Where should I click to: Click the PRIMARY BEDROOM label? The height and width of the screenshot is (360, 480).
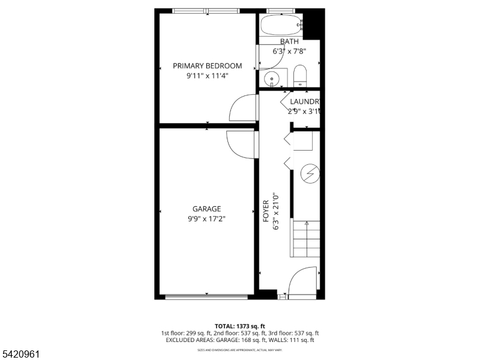207,65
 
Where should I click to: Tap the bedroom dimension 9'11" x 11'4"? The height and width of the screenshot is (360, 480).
207,76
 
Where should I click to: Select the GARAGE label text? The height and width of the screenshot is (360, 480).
206,209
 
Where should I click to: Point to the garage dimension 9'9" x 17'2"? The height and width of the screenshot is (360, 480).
206,219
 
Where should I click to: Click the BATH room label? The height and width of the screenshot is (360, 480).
289,41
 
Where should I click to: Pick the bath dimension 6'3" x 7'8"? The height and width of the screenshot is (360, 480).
290,52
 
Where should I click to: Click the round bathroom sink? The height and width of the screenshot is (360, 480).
271,78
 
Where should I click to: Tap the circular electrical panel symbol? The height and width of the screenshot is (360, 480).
310,174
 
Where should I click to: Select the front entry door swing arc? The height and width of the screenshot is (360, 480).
302,281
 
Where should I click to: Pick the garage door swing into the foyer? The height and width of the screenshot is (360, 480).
240,144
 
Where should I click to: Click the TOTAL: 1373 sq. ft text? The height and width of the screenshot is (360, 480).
239,325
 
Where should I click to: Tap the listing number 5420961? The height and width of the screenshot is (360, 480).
20,355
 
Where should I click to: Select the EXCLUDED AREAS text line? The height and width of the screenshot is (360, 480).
239,340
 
